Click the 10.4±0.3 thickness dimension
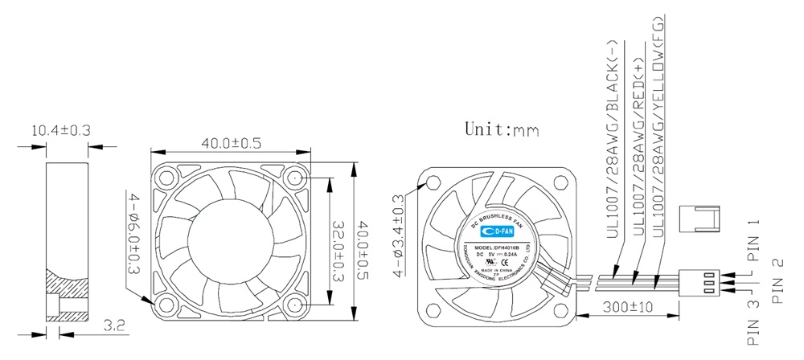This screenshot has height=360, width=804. click(x=60, y=130)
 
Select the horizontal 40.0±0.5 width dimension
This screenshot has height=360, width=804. click(x=232, y=143)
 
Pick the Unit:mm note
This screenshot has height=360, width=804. click(x=501, y=129)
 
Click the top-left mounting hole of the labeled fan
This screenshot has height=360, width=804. click(x=433, y=183)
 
